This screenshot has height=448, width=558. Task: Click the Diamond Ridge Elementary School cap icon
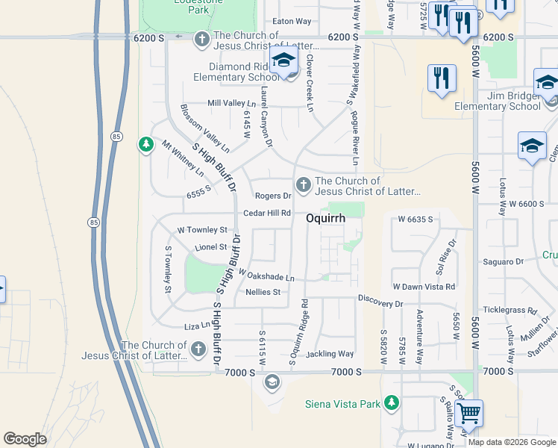tap(283, 61)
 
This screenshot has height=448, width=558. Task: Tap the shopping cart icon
tap(468, 413)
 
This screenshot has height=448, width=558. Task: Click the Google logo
tap(25, 439)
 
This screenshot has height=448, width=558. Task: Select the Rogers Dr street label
tap(272, 196)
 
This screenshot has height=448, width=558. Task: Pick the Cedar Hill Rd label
tap(266, 214)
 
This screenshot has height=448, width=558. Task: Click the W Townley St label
tap(201, 230)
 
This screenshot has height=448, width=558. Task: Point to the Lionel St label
tap(211, 247)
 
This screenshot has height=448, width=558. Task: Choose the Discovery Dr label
tap(380, 303)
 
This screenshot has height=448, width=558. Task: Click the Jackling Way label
tap(329, 354)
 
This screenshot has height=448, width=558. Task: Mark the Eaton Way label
tap(292, 22)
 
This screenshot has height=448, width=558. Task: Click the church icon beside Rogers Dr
tap(303, 184)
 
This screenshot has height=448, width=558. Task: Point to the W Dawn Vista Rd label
tap(424, 287)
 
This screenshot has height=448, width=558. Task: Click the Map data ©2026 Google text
tap(512, 442)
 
